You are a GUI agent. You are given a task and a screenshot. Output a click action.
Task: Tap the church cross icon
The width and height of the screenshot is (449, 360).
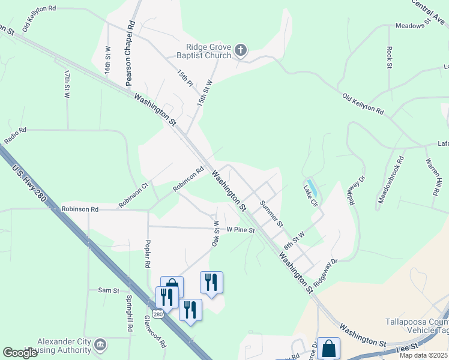click(241, 50)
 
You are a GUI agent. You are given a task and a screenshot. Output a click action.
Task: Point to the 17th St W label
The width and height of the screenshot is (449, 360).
click(67, 83)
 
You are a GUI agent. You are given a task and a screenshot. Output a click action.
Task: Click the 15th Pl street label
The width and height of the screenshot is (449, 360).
click(185, 78)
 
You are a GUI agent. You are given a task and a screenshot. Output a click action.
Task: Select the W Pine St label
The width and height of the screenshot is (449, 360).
click(241, 229)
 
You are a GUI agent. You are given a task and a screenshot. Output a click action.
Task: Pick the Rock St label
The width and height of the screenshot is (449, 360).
click(390, 57)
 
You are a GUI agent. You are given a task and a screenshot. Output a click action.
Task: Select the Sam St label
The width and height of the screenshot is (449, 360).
click(109, 290)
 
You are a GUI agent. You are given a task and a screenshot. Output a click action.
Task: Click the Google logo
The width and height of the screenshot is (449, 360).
click(20, 353)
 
